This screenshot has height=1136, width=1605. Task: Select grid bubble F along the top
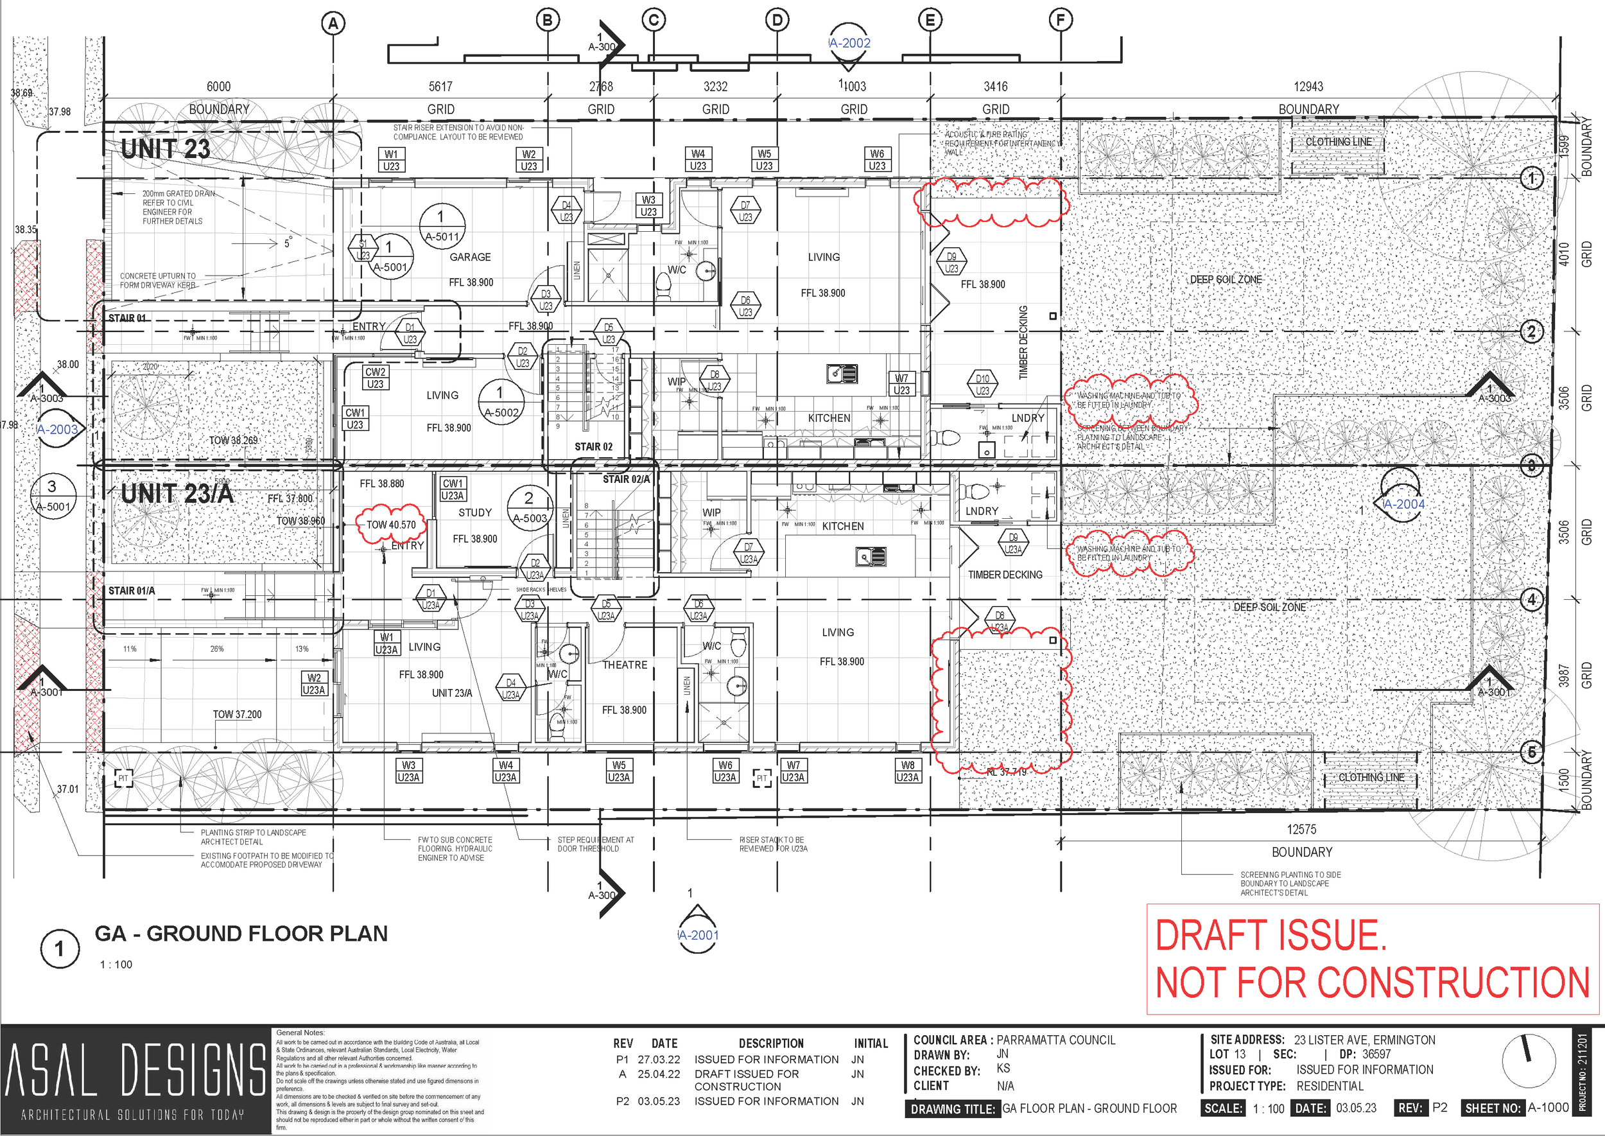tap(1060, 21)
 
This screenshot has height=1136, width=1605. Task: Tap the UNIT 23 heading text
tap(165, 148)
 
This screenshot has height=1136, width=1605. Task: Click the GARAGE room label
tap(470, 257)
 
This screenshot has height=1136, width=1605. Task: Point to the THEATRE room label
tap(625, 665)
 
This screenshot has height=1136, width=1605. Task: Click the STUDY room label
tap(475, 512)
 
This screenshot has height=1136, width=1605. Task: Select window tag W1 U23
tap(391, 160)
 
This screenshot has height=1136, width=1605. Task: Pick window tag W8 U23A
tap(907, 771)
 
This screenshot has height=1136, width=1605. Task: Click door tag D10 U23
tap(983, 384)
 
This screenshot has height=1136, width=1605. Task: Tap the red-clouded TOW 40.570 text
tap(391, 525)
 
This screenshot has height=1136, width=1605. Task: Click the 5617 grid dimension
tap(440, 87)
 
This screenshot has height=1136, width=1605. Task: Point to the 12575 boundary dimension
tap(1301, 829)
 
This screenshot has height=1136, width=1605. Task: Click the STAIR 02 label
tap(593, 446)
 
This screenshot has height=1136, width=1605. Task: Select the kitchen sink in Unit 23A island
tap(871, 557)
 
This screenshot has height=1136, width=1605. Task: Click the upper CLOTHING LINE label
tap(1338, 142)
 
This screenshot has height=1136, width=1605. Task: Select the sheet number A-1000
tap(1548, 1107)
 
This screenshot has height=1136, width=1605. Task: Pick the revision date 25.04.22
tap(658, 1074)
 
